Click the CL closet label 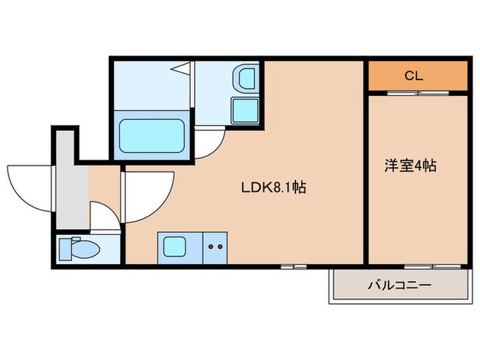(x=413, y=75)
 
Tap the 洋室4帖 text (x=409, y=165)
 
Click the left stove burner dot (x=211, y=245)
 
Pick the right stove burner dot (x=221, y=245)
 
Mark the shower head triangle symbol (x=182, y=68)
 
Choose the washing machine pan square (x=244, y=110)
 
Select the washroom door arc (x=209, y=143)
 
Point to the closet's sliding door (x=417, y=93)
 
